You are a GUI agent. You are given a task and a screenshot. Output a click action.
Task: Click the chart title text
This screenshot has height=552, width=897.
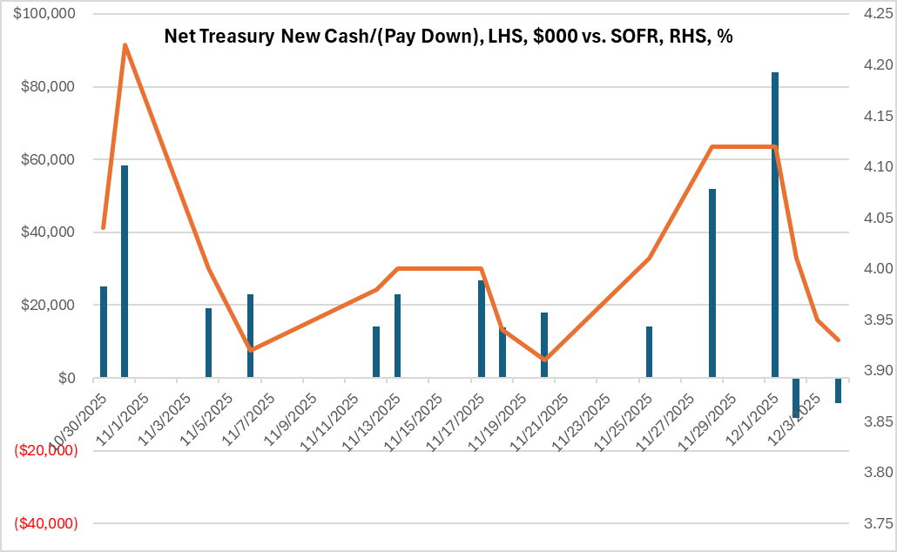tap(448, 38)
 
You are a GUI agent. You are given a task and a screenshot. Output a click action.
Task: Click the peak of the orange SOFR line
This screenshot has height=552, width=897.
tap(125, 44)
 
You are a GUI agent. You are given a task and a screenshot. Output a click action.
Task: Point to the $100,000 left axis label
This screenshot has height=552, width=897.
tap(44, 15)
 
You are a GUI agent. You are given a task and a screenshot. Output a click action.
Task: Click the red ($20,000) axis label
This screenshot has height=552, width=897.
tap(46, 450)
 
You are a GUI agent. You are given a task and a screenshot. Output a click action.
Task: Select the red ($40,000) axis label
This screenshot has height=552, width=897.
tap(46, 523)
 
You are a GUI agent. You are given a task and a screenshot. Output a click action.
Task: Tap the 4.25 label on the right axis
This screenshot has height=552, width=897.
tap(872, 15)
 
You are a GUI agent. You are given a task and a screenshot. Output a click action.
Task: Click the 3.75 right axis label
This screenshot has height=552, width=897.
tap(872, 523)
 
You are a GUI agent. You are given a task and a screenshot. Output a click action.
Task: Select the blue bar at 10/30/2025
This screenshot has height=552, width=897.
tap(104, 332)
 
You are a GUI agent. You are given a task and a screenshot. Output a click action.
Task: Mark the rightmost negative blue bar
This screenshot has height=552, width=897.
tap(838, 390)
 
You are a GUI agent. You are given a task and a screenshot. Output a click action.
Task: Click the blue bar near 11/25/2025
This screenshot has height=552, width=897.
tap(649, 352)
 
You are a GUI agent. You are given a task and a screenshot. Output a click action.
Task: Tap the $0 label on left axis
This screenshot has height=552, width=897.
tap(66, 378)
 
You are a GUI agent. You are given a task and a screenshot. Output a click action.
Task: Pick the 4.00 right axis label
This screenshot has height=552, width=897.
tap(872, 269)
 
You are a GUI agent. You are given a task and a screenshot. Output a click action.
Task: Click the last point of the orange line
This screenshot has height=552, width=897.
tap(838, 340)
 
